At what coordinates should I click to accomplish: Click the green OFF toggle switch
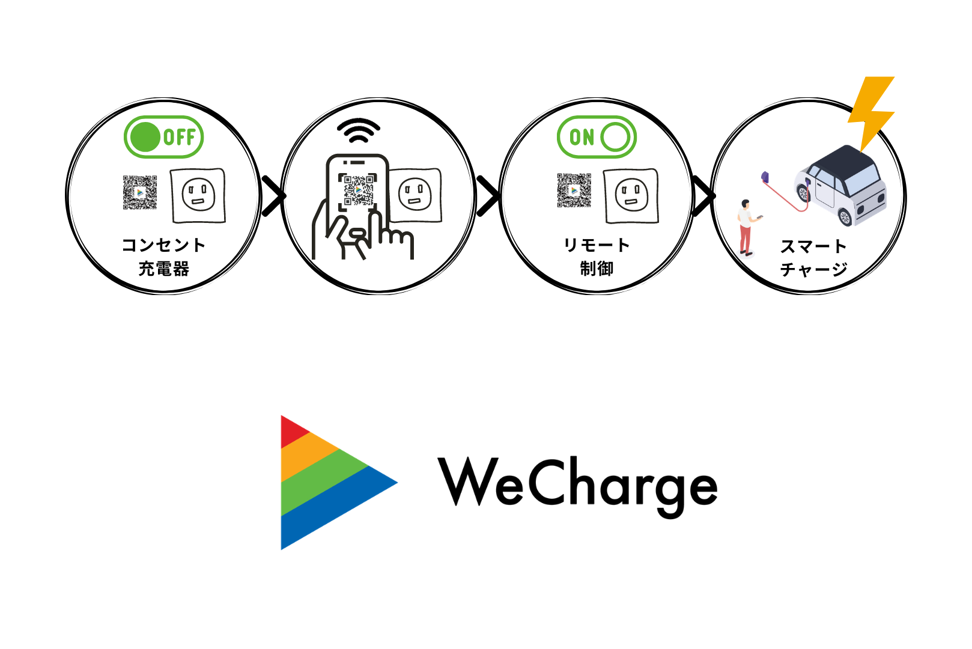(x=163, y=137)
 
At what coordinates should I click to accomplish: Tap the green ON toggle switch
(x=597, y=137)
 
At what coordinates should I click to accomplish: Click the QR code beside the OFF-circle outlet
(x=140, y=192)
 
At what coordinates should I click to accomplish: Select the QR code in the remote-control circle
(x=574, y=190)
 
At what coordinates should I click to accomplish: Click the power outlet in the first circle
(x=198, y=195)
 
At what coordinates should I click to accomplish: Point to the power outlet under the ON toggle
(x=631, y=195)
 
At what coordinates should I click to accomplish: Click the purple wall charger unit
(x=765, y=177)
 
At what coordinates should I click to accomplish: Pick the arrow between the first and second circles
(x=273, y=195)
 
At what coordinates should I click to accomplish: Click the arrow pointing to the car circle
(x=704, y=195)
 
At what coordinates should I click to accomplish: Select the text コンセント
(x=163, y=245)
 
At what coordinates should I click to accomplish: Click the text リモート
(x=597, y=245)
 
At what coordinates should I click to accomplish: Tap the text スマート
(x=813, y=246)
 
